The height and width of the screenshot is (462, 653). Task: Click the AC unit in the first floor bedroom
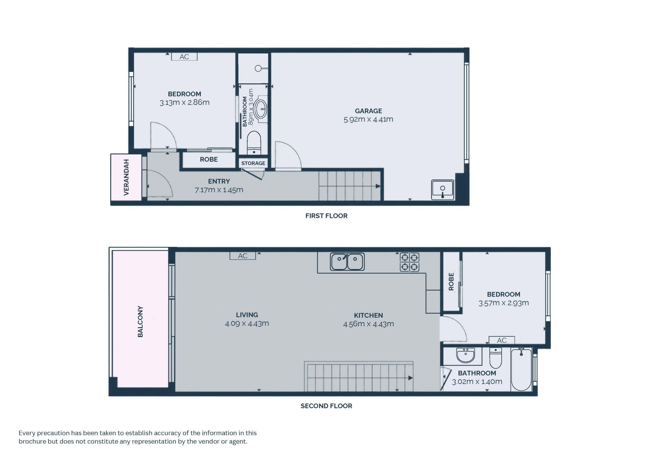click(184, 57)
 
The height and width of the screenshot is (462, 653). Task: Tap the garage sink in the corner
click(442, 190)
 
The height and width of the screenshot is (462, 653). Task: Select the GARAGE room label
click(368, 111)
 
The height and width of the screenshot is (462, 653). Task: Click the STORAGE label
click(253, 163)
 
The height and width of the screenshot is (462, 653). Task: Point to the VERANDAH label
click(126, 177)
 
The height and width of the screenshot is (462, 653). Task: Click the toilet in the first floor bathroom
click(254, 143)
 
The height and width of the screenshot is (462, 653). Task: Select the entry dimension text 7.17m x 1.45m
click(219, 190)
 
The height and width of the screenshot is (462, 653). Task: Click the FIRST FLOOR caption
click(326, 216)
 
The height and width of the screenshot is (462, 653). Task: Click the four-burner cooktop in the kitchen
click(409, 262)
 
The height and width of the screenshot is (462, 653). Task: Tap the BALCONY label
click(140, 322)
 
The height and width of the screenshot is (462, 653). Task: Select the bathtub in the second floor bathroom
click(521, 369)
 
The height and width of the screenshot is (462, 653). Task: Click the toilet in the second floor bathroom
click(496, 358)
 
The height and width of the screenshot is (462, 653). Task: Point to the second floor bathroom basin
click(466, 355)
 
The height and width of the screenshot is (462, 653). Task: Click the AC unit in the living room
click(242, 256)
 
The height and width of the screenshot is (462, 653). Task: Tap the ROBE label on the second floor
click(451, 282)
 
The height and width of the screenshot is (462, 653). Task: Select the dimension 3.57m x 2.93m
click(503, 303)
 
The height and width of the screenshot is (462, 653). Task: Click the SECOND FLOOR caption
click(326, 406)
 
